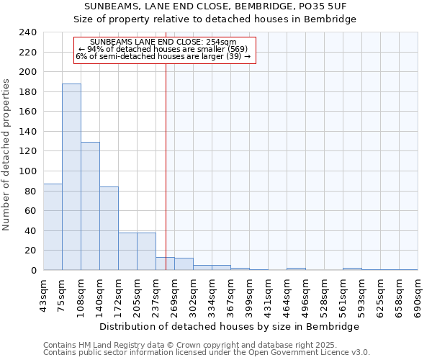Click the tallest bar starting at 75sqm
tap(71, 177)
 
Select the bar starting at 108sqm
tap(90, 206)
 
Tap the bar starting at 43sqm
tap(53, 227)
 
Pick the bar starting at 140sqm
tap(109, 228)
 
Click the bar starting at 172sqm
tap(127, 251)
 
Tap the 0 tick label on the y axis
tap(32, 271)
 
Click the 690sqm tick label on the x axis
tap(418, 297)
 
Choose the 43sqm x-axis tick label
tap(43, 294)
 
